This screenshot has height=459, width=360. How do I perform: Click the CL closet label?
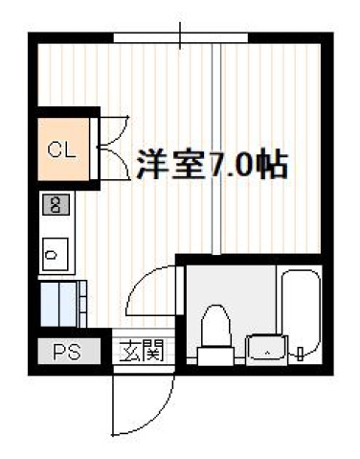[x=61, y=149]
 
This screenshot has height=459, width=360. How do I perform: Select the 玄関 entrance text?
[x=141, y=352]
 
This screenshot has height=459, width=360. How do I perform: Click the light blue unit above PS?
[x=61, y=303]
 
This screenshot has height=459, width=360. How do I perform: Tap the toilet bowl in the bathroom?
[x=216, y=324]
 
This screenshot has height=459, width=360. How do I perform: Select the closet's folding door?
[x=111, y=149]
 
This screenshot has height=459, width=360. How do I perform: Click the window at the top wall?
[x=181, y=37]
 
